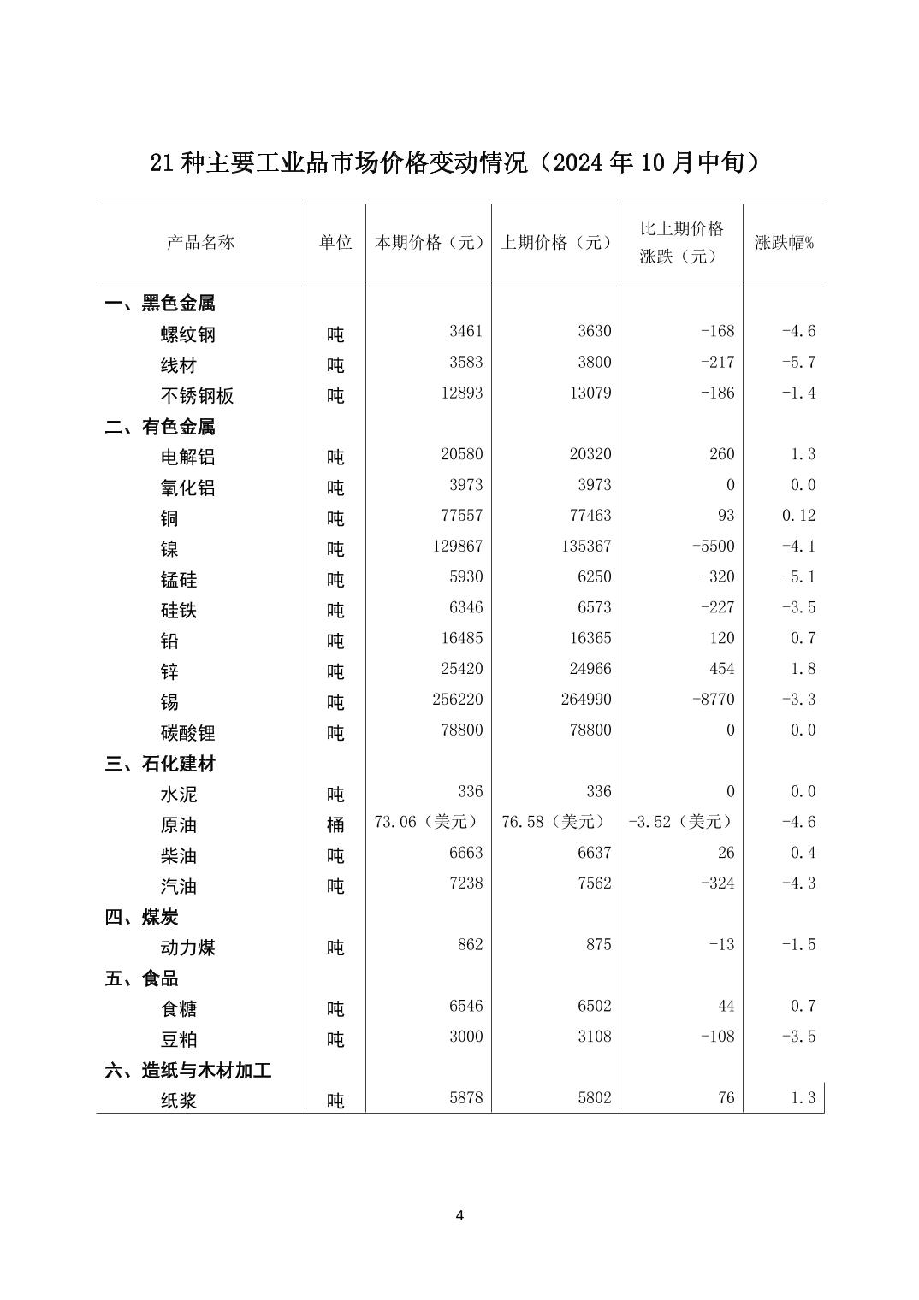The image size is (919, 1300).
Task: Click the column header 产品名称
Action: click(200, 242)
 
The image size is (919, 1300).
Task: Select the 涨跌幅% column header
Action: click(784, 242)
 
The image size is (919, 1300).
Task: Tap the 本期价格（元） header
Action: click(429, 242)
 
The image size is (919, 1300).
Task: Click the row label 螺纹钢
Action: click(188, 334)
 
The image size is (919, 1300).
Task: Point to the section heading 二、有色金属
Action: click(160, 426)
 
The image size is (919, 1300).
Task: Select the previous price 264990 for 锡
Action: click(586, 700)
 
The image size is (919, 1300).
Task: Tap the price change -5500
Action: click(714, 547)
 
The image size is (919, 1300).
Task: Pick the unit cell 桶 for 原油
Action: click(335, 824)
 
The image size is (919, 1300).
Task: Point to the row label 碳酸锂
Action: click(188, 733)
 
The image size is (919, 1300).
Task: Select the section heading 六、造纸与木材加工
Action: click(188, 1070)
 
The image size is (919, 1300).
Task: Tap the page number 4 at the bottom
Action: click(459, 1215)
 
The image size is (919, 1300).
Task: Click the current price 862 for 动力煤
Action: click(470, 945)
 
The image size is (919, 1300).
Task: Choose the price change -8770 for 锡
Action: click(714, 700)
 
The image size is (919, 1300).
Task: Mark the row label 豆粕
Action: click(179, 1039)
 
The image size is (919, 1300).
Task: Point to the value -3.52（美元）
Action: click(681, 822)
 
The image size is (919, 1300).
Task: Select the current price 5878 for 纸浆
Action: click(466, 1098)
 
